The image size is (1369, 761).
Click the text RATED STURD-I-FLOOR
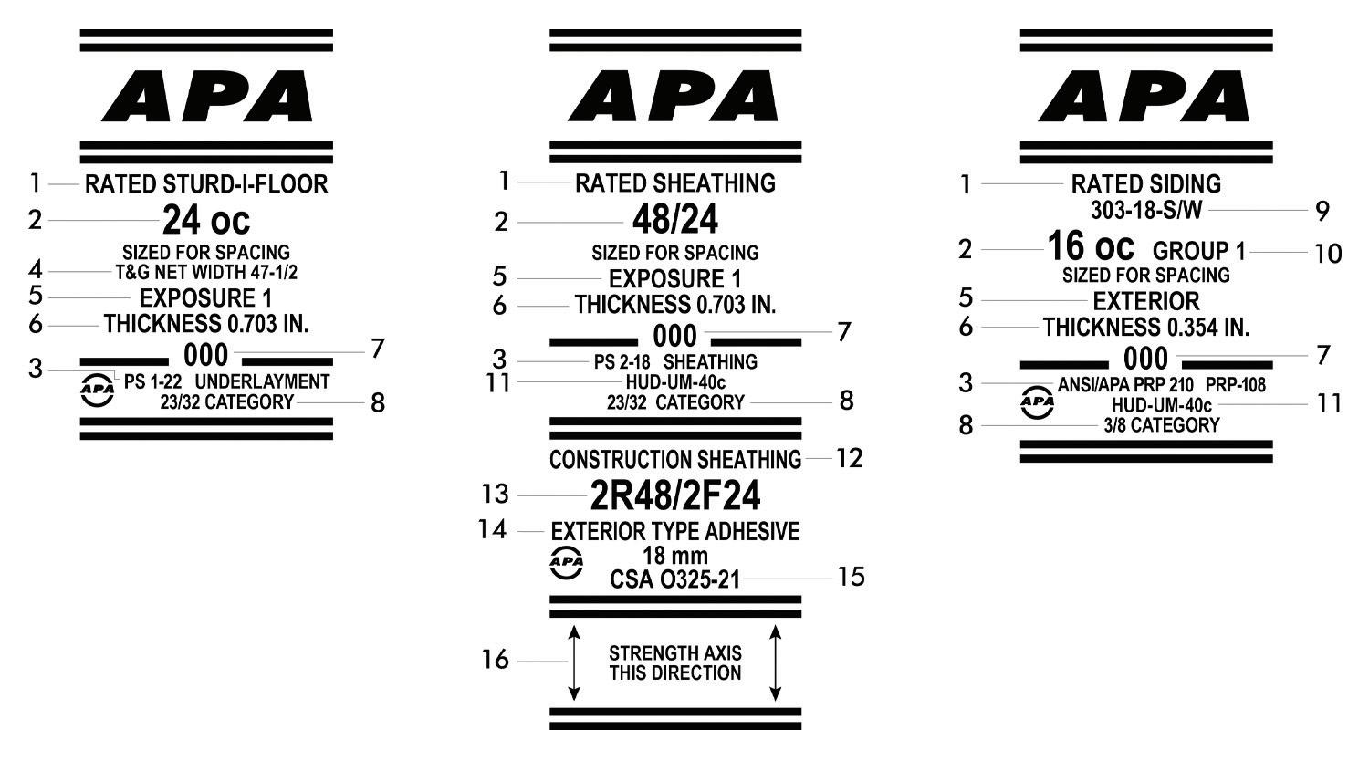coord(206,184)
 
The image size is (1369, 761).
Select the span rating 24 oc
coord(206,220)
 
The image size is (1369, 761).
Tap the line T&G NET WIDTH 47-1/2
coord(206,271)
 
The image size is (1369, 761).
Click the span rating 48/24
coord(675,220)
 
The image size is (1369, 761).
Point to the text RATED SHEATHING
coord(675,183)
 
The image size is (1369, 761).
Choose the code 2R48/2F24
coord(675,495)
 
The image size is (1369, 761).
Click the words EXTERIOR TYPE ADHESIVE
coord(675,531)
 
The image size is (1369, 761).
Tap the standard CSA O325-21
coord(675,579)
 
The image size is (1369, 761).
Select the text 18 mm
coord(675,556)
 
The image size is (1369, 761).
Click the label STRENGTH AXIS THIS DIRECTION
coord(675,663)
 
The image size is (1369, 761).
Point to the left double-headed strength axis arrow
coord(574,663)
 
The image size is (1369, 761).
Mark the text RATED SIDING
coord(1146,184)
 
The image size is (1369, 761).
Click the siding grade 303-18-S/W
coord(1146,210)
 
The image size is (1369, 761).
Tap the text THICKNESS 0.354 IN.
coord(1146,327)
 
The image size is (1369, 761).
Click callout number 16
coord(496,660)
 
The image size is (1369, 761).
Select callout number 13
coord(496,494)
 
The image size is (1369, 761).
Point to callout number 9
coord(1322,211)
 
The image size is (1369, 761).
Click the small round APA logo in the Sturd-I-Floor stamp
coord(98,390)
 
